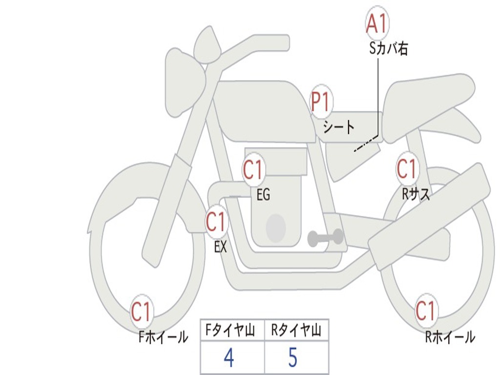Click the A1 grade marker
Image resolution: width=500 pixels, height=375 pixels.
(377, 23)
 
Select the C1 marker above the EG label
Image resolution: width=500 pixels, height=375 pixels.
(253, 170)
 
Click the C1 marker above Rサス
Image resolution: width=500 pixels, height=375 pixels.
(407, 168)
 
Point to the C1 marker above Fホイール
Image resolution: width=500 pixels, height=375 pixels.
(142, 312)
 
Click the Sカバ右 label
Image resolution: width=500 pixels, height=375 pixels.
(389, 49)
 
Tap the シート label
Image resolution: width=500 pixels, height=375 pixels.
(339, 128)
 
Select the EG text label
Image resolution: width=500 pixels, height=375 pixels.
(263, 195)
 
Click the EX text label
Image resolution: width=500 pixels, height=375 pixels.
(221, 247)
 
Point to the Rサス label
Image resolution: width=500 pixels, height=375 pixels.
(416, 194)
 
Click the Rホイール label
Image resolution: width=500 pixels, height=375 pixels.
(450, 337)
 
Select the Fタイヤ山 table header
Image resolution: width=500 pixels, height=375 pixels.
(232, 331)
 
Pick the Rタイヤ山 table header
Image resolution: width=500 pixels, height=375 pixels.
(296, 331)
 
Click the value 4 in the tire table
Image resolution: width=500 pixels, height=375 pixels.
(229, 358)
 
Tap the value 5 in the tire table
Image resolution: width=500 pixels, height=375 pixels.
(292, 358)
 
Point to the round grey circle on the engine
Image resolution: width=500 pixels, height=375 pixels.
(275, 228)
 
